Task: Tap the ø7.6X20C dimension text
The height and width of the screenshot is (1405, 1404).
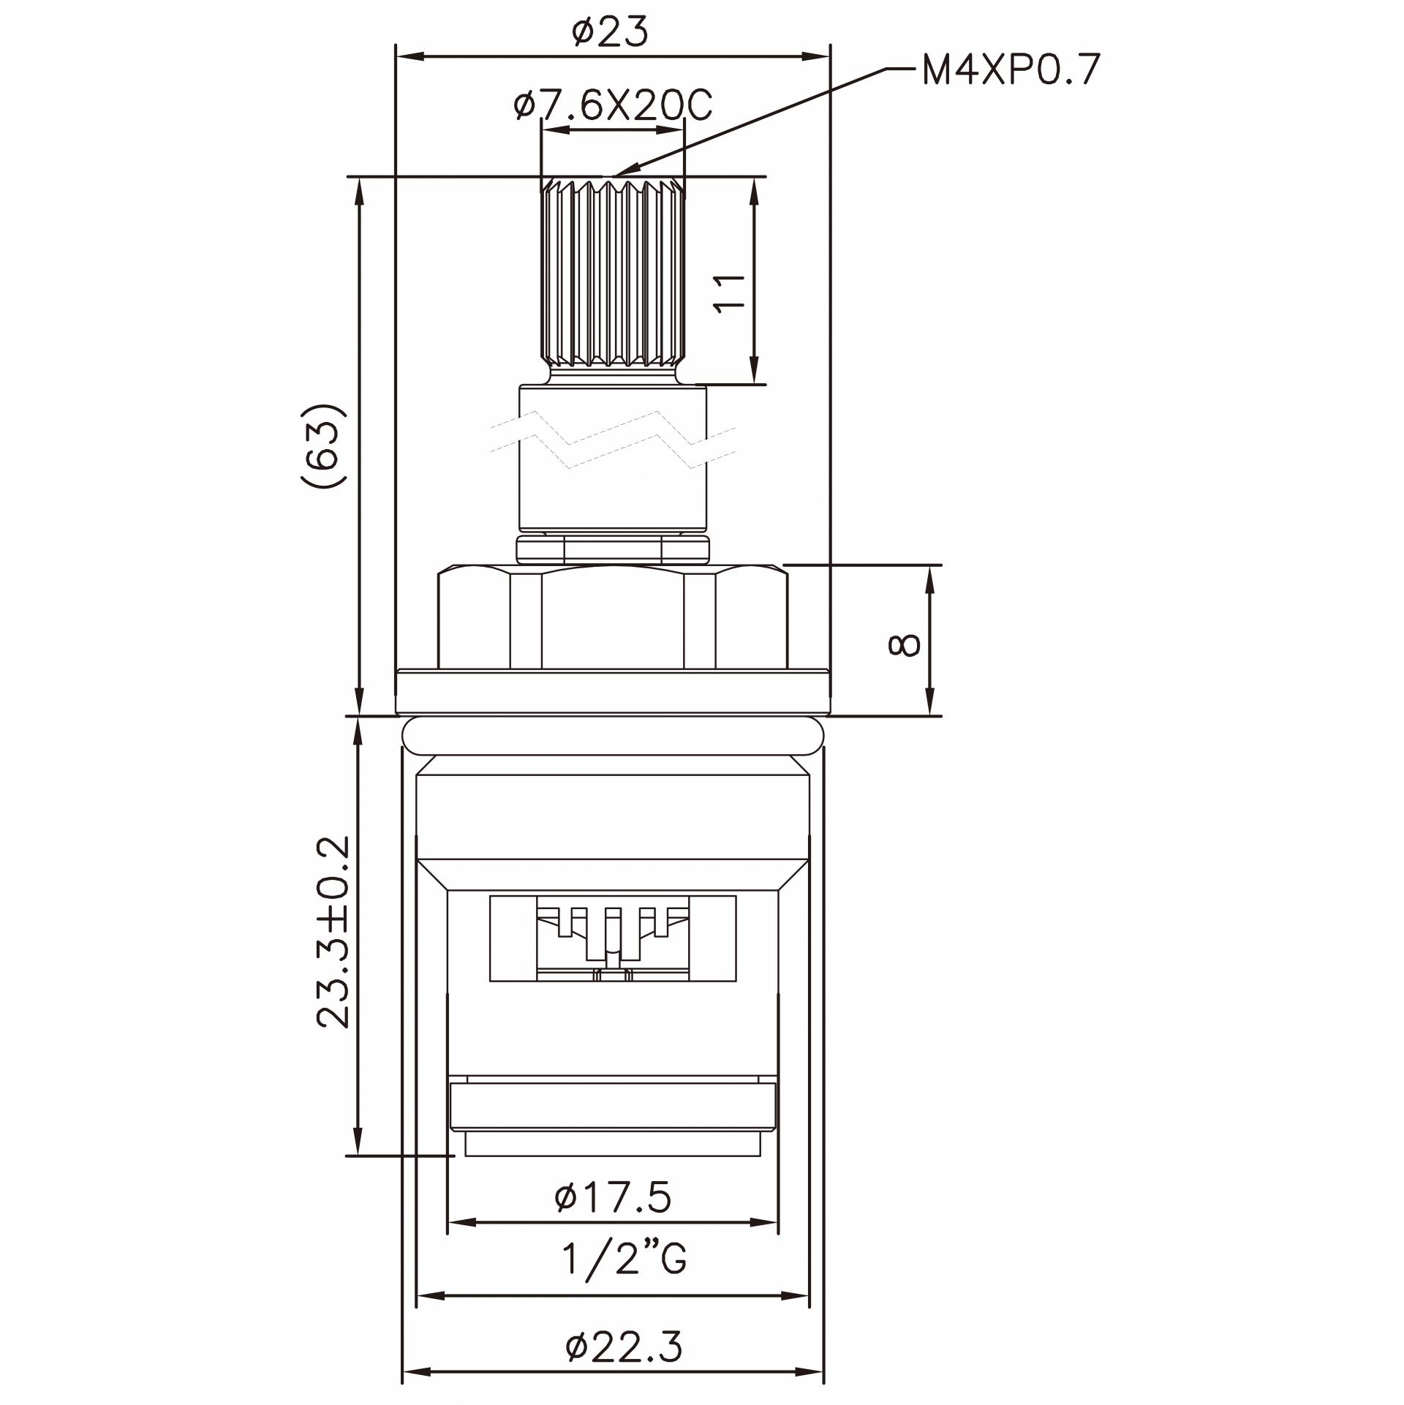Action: coord(613,107)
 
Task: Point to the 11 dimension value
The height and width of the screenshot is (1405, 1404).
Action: coord(728,294)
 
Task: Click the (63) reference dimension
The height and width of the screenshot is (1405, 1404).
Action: coord(322,445)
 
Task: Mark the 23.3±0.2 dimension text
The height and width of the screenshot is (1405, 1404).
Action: coord(333,933)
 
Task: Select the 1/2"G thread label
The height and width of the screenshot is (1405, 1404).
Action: coord(624,1259)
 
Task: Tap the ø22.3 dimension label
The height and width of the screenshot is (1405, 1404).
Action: coord(624,1346)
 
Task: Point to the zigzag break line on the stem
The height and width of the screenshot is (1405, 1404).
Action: coord(613,439)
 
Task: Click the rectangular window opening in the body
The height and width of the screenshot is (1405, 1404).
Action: coord(613,938)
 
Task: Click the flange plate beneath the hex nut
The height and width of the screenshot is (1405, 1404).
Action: coord(613,692)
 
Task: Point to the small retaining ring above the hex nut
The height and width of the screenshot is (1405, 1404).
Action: coord(613,549)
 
